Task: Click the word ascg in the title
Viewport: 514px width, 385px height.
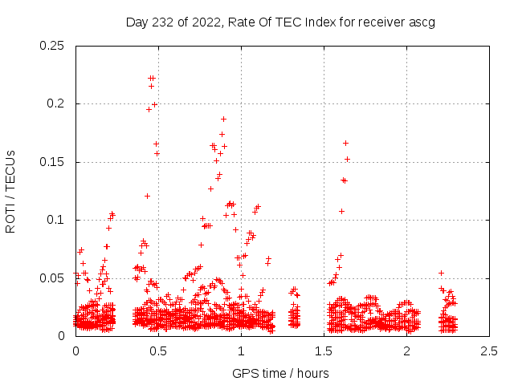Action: [x=422, y=22]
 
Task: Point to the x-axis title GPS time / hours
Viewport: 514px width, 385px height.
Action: [x=280, y=373]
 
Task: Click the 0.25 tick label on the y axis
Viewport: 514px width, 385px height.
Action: [x=53, y=46]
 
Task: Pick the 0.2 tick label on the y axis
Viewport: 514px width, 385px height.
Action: [x=56, y=104]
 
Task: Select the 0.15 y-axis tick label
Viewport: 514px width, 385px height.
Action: [x=53, y=162]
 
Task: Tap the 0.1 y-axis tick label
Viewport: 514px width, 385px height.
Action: [x=56, y=220]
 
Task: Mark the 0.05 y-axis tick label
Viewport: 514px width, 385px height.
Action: [x=53, y=278]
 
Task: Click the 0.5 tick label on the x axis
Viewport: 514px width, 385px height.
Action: [x=158, y=351]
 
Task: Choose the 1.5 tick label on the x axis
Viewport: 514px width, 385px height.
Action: [x=324, y=351]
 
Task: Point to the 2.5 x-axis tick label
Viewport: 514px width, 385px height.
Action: [x=489, y=351]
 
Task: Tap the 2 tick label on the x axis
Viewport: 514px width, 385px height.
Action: [x=406, y=351]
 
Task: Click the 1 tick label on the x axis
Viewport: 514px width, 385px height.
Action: [x=241, y=351]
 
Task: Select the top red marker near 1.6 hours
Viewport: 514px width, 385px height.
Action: [x=345, y=143]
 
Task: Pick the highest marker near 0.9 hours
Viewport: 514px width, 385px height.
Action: [x=223, y=119]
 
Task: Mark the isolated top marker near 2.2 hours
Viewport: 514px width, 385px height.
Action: [x=441, y=273]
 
